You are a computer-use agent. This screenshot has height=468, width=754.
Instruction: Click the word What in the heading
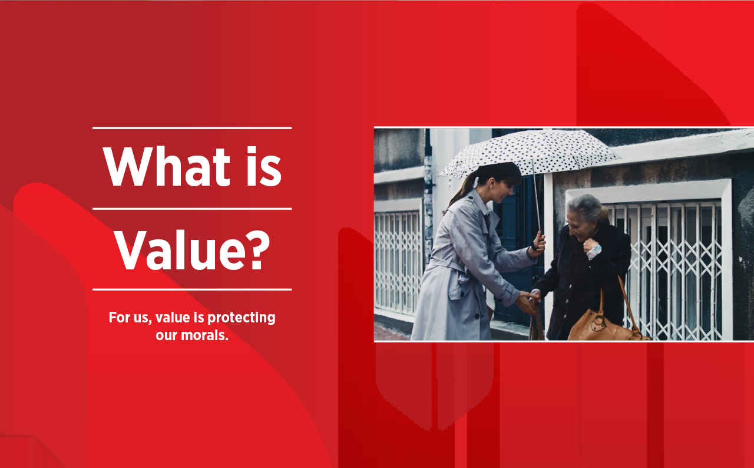[167, 166]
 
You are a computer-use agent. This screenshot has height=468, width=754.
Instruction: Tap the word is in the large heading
[264, 166]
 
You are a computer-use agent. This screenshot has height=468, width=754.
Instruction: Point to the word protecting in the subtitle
[242, 318]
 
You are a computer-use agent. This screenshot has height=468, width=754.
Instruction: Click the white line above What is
[192, 128]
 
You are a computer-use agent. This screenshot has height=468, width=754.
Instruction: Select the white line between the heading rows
[192, 209]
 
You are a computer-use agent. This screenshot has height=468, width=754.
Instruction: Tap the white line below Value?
[192, 289]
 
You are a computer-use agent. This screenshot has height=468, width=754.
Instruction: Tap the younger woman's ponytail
[461, 193]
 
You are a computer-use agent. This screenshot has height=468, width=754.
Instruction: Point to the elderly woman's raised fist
[592, 248]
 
